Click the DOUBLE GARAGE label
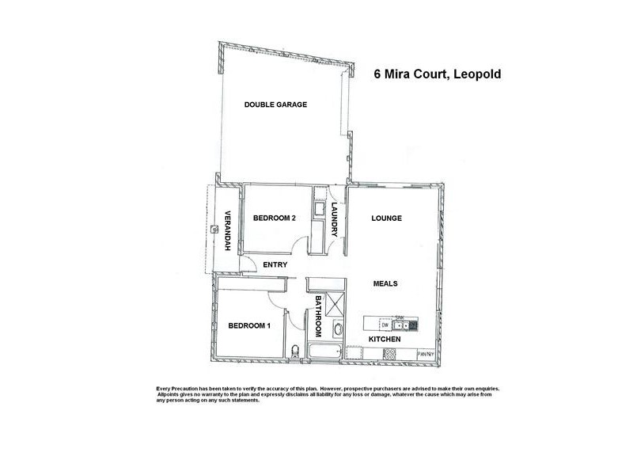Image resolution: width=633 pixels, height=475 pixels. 275,104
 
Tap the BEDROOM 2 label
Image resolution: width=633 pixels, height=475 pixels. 275,218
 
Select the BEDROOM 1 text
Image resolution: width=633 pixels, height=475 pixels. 249,325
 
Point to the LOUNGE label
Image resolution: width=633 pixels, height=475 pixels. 386,218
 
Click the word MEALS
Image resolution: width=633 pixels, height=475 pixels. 385,283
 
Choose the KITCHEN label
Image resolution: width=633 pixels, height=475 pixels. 385,340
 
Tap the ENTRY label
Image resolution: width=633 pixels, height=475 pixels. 275,264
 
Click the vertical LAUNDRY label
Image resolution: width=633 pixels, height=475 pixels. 335,218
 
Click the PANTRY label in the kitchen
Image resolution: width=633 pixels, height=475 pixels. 426,354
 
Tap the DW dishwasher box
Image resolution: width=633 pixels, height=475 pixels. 385,325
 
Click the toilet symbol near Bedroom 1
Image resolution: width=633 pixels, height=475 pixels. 294,349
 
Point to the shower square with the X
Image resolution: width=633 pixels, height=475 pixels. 335,305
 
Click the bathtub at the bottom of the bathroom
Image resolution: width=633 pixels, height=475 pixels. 324,352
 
